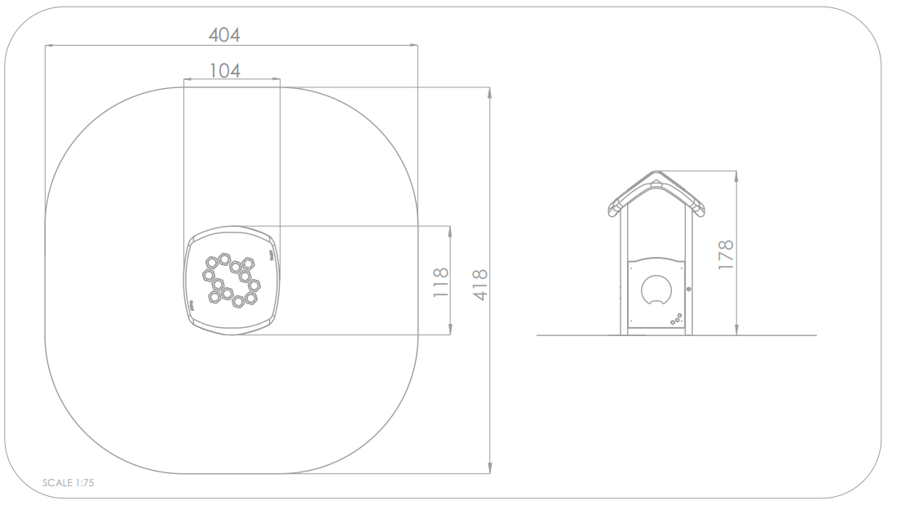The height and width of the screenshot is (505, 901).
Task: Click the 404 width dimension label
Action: point(224,35)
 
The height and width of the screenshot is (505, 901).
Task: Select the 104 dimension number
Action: point(225,71)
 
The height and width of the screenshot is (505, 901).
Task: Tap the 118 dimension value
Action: point(441,282)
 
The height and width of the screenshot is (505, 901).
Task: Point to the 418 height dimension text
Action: point(479,285)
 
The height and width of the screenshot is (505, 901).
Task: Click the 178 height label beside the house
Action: point(726,255)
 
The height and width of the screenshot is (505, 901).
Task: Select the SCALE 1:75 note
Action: point(68,483)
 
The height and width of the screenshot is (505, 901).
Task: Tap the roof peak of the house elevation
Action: point(656,171)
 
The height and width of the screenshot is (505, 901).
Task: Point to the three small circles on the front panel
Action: point(676,319)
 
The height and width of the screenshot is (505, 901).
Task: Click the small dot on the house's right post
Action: point(689,289)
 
